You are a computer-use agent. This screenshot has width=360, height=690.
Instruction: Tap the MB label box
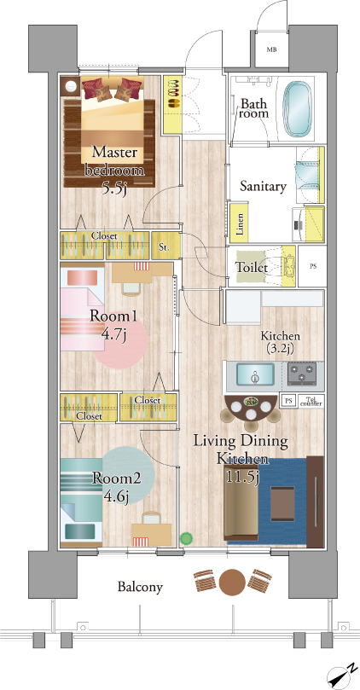click(x=272, y=49)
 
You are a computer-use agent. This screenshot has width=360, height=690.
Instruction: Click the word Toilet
click(x=252, y=267)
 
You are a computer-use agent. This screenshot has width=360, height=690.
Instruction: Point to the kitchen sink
click(x=255, y=374)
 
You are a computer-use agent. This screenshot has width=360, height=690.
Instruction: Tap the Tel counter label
click(x=311, y=401)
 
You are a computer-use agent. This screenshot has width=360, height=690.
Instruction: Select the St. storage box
click(x=165, y=247)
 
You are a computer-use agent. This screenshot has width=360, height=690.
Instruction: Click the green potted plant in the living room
click(x=187, y=538)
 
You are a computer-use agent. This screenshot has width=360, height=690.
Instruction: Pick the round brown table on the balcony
click(x=232, y=583)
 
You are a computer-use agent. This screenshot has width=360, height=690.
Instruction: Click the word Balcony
click(x=140, y=587)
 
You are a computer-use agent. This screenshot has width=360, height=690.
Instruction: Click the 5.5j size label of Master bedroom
click(x=114, y=189)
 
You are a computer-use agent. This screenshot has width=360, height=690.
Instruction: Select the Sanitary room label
click(x=263, y=187)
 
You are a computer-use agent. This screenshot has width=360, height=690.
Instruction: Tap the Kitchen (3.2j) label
click(x=281, y=342)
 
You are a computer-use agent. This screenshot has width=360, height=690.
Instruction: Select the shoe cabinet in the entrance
click(x=172, y=105)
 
